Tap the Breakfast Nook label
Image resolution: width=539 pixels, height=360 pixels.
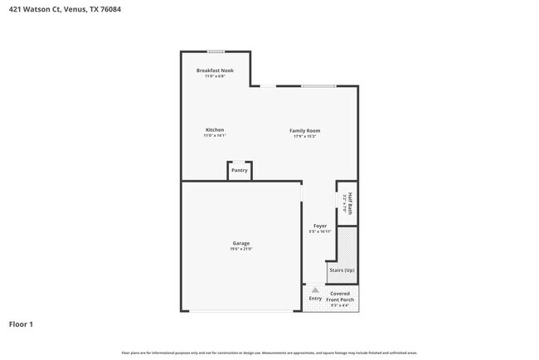(x=215, y=71)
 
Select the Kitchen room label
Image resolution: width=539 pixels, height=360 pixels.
(x=215, y=130)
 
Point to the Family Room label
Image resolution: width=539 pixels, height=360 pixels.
(x=304, y=130)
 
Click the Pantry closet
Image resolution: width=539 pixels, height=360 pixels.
(x=240, y=170)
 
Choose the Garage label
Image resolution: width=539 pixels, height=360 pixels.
(x=240, y=243)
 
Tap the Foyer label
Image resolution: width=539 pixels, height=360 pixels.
(x=319, y=226)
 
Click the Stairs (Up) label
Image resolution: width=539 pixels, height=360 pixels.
(x=342, y=270)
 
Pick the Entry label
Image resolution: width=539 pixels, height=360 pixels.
(x=315, y=298)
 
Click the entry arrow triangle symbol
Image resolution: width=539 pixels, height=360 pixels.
(x=315, y=289)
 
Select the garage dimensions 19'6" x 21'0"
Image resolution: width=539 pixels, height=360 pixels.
(x=240, y=249)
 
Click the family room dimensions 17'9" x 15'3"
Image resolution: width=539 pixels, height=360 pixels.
(x=304, y=136)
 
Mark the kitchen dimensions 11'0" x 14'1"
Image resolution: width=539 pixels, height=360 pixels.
(x=215, y=136)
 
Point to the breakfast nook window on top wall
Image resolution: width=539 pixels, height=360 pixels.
(x=216, y=51)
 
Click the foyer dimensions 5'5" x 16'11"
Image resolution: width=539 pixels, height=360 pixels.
(x=319, y=231)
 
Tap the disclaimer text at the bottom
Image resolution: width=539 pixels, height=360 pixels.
(x=269, y=352)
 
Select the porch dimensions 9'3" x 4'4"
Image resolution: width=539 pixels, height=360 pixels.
(x=340, y=305)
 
